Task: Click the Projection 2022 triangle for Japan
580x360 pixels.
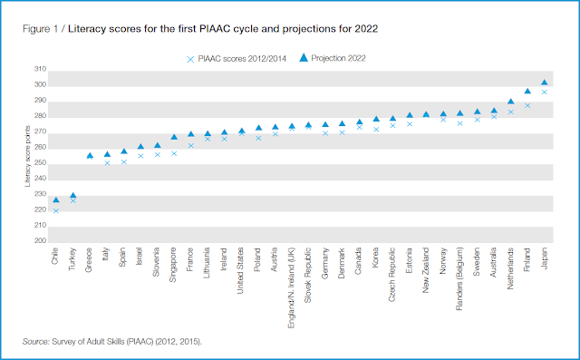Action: click(x=544, y=83)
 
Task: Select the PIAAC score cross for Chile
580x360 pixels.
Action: click(x=56, y=211)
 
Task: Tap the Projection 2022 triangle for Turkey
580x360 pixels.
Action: click(x=72, y=195)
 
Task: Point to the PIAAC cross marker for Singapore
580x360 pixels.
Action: click(x=174, y=153)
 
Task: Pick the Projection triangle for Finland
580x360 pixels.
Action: click(x=527, y=91)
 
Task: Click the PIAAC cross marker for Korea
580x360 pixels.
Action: click(x=376, y=130)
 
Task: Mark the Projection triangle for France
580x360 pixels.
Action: click(x=191, y=134)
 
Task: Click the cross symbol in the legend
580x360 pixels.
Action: click(x=190, y=59)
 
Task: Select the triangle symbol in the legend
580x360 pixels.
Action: click(x=304, y=57)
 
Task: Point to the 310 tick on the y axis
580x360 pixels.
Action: click(x=40, y=69)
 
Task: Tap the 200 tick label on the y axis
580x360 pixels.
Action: click(x=40, y=241)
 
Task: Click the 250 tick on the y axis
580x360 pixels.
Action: click(x=40, y=163)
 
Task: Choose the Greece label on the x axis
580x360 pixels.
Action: click(x=89, y=260)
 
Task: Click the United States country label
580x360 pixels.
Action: click(x=240, y=270)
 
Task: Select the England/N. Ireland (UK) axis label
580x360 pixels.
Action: click(x=292, y=287)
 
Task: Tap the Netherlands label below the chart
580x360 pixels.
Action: click(x=510, y=268)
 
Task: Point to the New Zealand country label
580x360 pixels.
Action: click(x=426, y=270)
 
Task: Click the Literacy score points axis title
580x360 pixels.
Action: click(x=27, y=156)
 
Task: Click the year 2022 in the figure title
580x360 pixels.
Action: click(x=366, y=29)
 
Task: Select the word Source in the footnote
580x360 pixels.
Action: click(x=35, y=342)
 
